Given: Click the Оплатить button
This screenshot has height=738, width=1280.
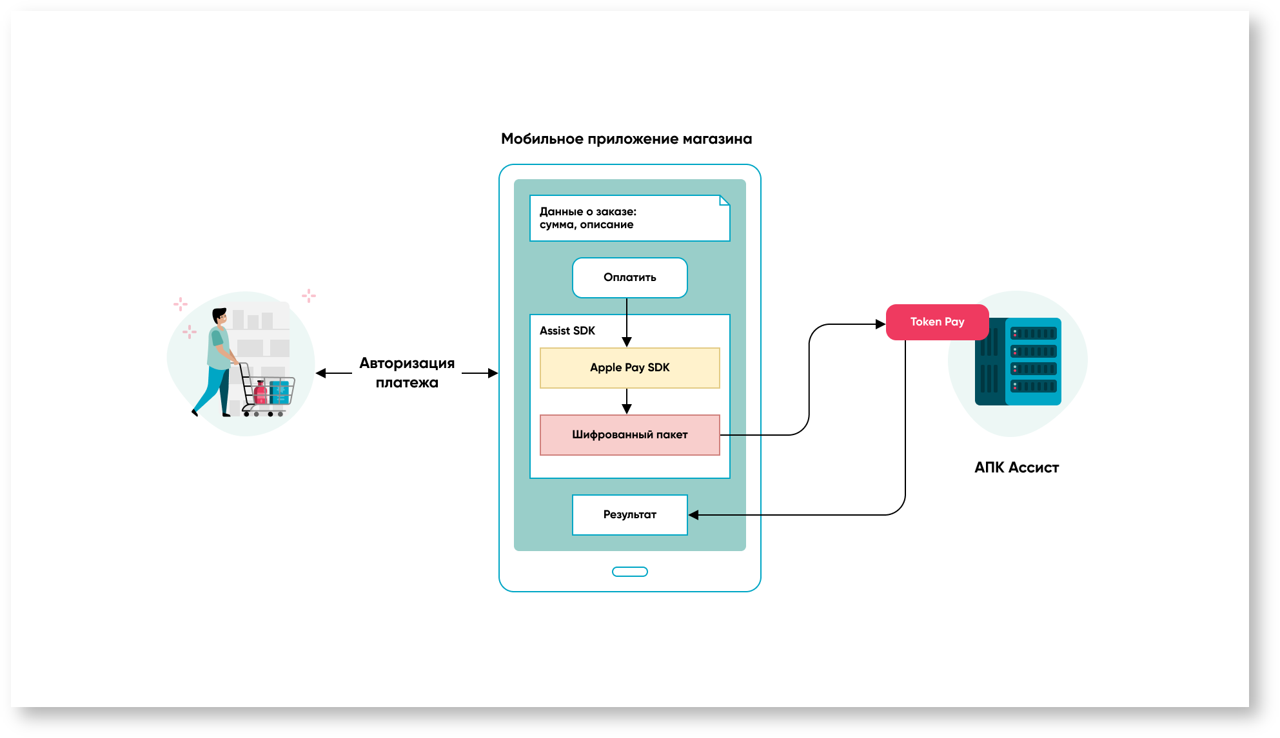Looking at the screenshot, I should coord(629,278).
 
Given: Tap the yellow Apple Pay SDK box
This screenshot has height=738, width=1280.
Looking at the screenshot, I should coord(629,368).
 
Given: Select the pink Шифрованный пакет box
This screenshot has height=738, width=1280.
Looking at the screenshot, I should coord(629,435).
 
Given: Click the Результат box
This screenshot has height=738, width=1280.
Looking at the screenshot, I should coord(629,515).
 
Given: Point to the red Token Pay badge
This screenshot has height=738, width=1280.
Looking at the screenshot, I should coord(936,322).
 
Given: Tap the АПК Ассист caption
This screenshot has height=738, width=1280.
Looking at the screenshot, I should coord(1016,468).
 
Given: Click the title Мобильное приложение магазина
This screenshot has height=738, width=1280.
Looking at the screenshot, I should coord(626,139).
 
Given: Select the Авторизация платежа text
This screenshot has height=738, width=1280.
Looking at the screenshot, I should coord(407,373).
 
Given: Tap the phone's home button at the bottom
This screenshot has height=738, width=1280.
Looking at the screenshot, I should coord(629,572).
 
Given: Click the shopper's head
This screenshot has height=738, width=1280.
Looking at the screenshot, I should coord(220,316).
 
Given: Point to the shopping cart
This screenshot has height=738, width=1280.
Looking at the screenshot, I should coord(268,391).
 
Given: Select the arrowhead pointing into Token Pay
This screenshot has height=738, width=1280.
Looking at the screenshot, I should coord(880,324).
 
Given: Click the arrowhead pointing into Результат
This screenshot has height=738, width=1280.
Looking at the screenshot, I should coord(694,515).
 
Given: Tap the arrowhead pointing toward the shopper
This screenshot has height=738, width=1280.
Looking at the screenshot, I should coord(320,373).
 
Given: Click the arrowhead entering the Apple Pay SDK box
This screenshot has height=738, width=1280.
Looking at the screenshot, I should coord(626,342).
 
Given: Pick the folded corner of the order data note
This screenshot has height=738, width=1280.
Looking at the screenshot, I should coord(724,200).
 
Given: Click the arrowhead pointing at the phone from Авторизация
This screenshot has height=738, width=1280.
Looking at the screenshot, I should coord(493,373).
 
